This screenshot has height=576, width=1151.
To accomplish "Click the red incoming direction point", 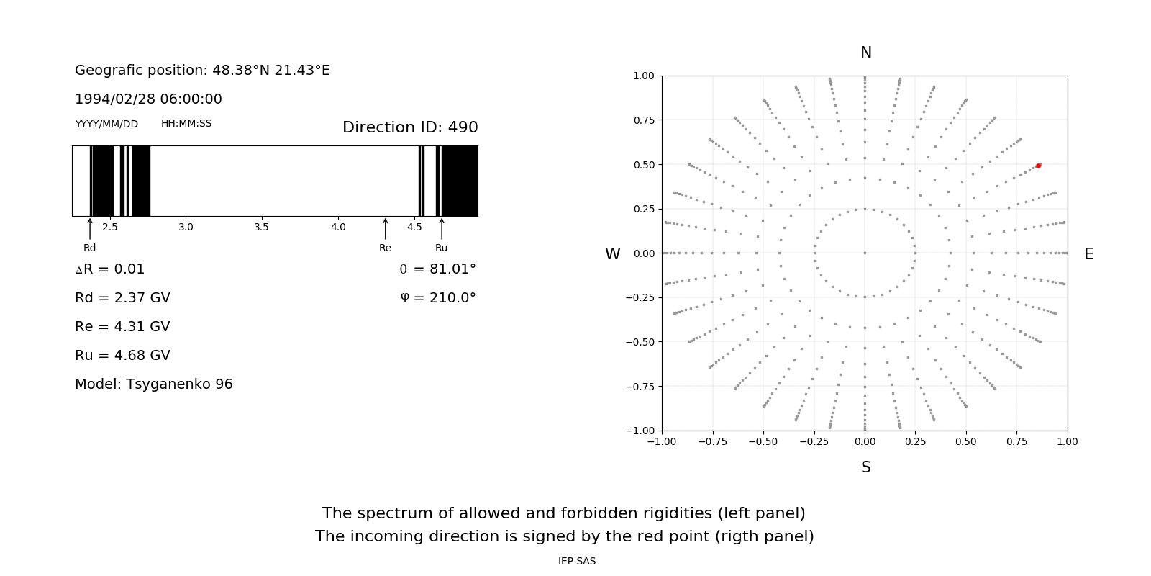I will click(x=1038, y=166).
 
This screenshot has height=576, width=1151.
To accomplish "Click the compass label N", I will click(x=866, y=53).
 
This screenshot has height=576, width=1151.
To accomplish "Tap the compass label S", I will click(x=866, y=467).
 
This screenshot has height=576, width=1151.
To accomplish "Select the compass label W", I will click(x=613, y=254).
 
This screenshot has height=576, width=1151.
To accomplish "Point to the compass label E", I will click(x=1088, y=254).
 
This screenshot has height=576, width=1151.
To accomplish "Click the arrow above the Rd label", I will click(x=90, y=228).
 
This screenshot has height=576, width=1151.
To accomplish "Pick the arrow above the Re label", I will click(x=386, y=228).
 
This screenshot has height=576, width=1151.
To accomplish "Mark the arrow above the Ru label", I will click(x=442, y=228).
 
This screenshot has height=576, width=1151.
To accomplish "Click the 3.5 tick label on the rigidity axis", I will click(x=261, y=228).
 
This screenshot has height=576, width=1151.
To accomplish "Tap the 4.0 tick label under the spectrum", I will click(x=338, y=228).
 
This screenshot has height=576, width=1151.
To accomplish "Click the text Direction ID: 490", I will click(x=410, y=127).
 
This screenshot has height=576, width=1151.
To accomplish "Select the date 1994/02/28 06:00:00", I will click(x=148, y=99).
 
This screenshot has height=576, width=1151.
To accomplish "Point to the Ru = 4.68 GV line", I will click(x=122, y=356).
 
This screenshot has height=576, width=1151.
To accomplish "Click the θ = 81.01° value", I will click(x=437, y=269).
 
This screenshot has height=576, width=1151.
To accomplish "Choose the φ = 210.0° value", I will click(x=438, y=298).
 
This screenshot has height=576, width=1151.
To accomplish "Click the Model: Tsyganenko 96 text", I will click(x=154, y=384).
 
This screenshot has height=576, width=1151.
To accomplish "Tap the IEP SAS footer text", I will click(x=577, y=562).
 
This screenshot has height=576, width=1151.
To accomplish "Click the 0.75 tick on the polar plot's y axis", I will click(x=644, y=120).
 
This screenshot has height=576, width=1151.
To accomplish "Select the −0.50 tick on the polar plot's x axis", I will click(x=763, y=441).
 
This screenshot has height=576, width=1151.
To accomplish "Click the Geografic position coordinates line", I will click(x=202, y=71).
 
